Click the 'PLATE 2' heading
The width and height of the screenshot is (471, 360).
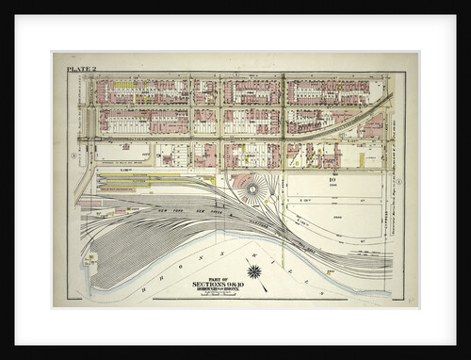[81, 69]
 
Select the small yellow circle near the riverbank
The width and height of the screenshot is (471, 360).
[329, 271]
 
